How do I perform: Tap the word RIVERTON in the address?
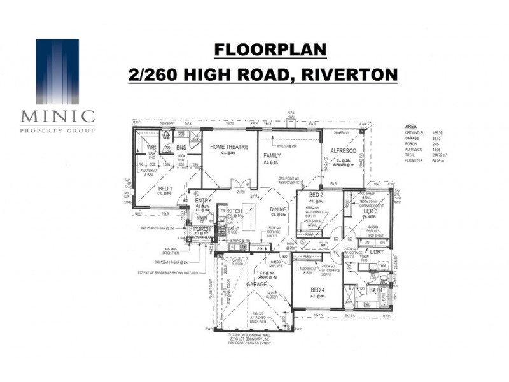349,74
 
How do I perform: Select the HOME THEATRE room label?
230,147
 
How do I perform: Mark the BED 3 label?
372,211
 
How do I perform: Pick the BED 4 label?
318,290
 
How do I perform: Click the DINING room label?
279,209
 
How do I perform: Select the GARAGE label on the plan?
257,285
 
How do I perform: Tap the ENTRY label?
203,201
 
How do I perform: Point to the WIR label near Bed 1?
152,147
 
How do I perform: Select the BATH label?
375,290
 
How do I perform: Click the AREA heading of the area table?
411,127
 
